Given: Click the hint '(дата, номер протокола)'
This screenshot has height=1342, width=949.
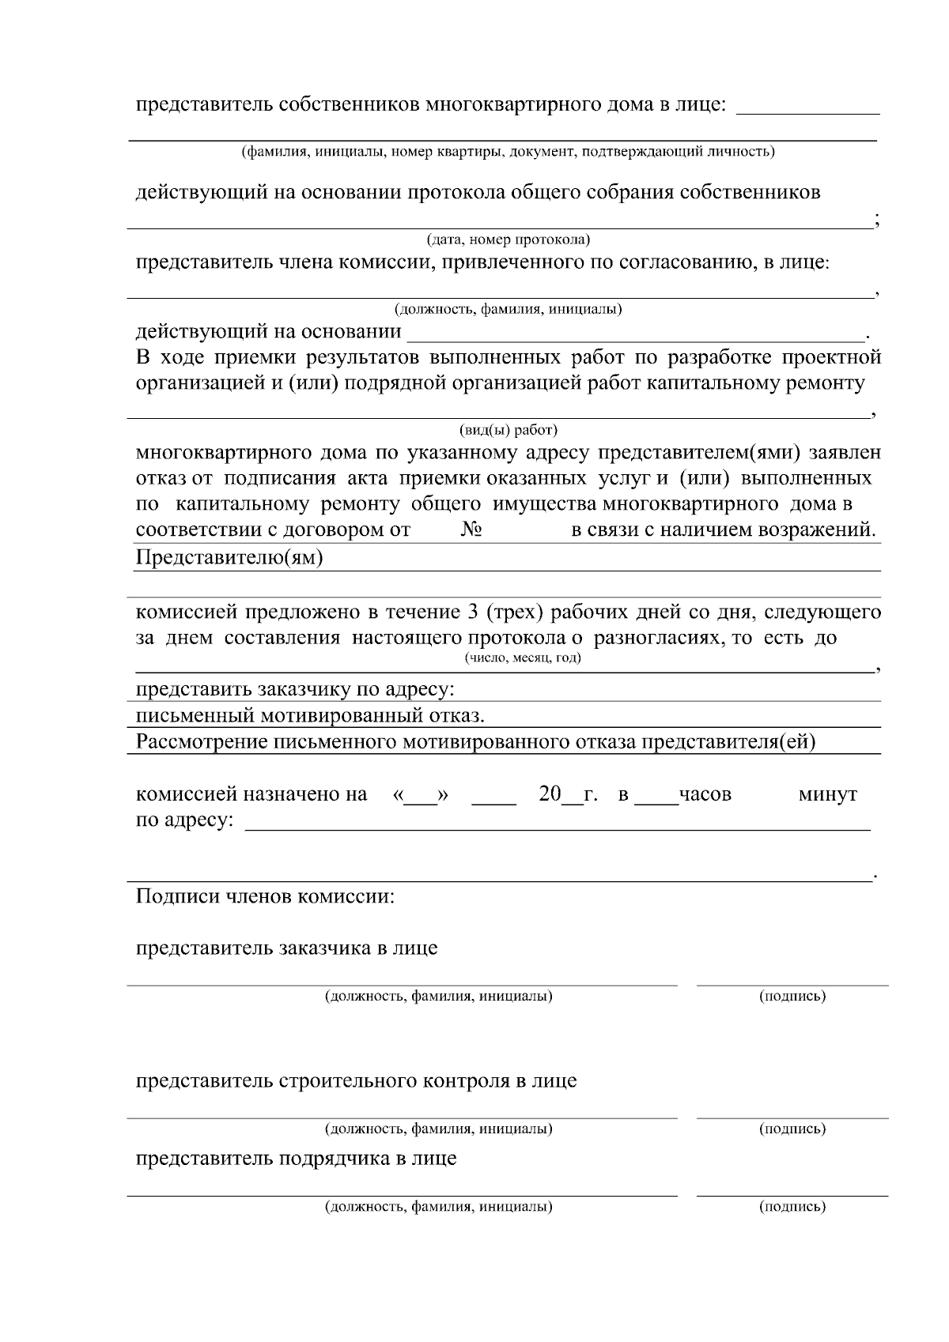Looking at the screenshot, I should pos(508,239).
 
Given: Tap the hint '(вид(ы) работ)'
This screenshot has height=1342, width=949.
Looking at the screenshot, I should pos(508,430).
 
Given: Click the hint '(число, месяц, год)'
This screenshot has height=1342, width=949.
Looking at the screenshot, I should pos(522,658).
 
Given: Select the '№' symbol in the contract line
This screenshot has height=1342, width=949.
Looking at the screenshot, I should pos(471,530).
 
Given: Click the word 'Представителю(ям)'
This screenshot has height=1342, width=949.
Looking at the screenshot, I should pos(229,558).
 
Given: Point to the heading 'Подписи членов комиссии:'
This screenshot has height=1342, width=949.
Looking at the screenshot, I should pos(265,896).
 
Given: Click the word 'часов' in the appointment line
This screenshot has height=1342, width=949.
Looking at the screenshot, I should pos(705,794).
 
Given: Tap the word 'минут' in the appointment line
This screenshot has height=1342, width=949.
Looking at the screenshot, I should pos(827,794).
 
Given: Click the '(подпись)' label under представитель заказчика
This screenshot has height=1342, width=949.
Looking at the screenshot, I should pos(792,996).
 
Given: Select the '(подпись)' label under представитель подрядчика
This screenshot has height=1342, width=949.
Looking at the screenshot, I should pos(792,1207).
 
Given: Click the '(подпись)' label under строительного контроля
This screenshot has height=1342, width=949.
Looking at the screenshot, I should pos(792,1129).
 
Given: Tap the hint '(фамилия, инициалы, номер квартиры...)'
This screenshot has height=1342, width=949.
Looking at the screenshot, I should pos(508,151).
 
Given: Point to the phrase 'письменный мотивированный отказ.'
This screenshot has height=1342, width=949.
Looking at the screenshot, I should pos(310,716).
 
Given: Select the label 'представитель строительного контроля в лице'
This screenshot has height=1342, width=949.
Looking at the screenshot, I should pos(356,1080).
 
